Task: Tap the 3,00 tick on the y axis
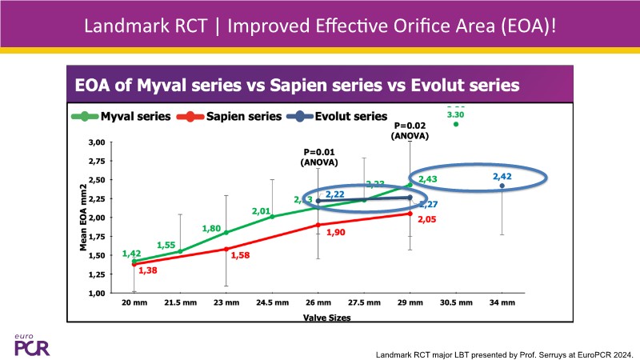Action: (x=95, y=142)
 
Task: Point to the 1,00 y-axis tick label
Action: (x=95, y=293)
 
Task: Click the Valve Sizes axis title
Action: (x=318, y=318)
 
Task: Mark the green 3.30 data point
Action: (x=456, y=123)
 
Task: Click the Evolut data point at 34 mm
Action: (x=502, y=186)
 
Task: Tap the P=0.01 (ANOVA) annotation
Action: (x=320, y=158)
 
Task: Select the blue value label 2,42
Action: (x=502, y=176)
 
